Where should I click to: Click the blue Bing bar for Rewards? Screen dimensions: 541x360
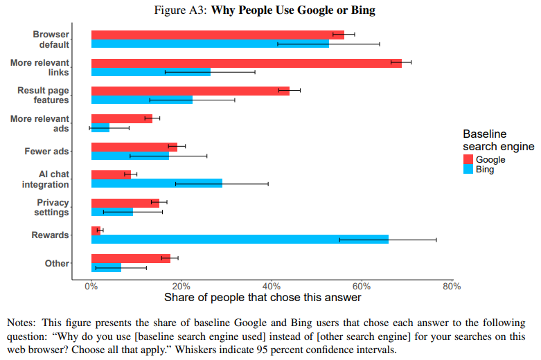tap(240, 240)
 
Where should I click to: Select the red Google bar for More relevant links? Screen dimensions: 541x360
tap(247, 63)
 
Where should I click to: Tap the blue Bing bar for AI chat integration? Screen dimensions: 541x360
tap(157, 183)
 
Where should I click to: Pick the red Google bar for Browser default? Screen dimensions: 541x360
tap(218, 35)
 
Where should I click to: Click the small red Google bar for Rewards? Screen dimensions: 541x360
tap(96, 231)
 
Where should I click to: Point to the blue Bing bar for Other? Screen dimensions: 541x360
tap(106, 268)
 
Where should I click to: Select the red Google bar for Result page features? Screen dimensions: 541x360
tap(190, 91)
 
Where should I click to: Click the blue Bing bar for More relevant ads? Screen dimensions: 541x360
tap(100, 127)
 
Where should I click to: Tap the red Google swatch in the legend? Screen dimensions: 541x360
tap(468, 159)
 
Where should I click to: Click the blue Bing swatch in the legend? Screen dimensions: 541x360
tap(468, 169)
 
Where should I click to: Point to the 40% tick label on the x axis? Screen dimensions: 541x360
tap(272, 287)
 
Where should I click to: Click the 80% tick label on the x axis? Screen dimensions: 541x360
tap(452, 287)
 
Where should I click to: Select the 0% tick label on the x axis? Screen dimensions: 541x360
tap(91, 287)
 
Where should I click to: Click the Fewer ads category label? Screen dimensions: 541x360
tap(46, 152)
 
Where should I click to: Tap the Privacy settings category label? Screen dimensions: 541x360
tap(51, 207)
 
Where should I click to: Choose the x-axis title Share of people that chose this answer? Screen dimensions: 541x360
tap(263, 298)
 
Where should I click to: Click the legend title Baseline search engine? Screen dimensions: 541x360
tap(499, 140)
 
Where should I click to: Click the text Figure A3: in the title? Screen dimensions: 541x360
tap(180, 10)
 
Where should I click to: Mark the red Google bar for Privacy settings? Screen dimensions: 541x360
tap(125, 203)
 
